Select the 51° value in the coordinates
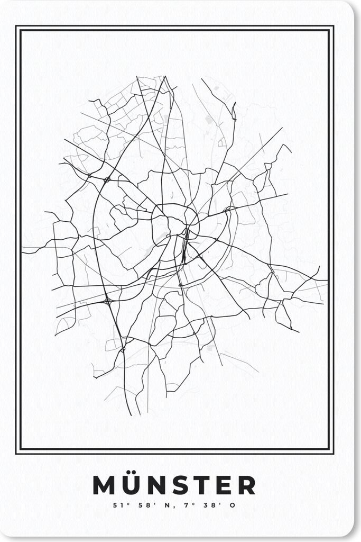(x=117, y=505)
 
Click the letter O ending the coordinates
(x=233, y=505)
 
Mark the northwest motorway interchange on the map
(x=107, y=179)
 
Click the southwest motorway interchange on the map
(x=108, y=301)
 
